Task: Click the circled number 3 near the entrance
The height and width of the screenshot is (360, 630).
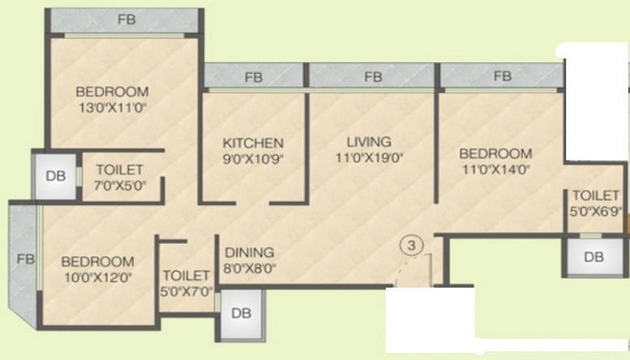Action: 411,245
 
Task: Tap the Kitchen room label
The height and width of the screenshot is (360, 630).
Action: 253,143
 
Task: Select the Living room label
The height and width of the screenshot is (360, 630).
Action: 369,142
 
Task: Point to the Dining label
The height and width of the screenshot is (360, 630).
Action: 249,252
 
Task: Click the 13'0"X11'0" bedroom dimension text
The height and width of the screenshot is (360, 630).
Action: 112,108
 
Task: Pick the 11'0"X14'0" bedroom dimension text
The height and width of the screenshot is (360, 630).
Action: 496,169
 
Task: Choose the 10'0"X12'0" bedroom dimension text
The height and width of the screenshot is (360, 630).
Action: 98,277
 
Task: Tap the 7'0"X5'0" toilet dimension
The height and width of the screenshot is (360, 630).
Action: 120,185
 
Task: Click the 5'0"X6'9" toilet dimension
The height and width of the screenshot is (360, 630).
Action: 596,211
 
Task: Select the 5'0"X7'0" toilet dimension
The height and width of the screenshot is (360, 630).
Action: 186,292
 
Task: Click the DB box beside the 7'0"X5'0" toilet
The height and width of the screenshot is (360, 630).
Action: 56,176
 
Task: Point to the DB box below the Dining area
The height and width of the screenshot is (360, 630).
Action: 241,313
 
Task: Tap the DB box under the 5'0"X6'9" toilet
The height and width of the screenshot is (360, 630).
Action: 594,256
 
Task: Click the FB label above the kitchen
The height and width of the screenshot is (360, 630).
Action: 254,77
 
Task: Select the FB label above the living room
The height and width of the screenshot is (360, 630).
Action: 373,76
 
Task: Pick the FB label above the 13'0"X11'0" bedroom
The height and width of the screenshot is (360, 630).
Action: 127,19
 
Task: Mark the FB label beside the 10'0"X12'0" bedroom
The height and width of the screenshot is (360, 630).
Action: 26,259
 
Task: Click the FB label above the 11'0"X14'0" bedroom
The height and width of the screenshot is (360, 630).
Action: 502,76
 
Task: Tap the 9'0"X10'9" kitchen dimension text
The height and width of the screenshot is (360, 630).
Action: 253,159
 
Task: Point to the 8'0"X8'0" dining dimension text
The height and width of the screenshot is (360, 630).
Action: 249,268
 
